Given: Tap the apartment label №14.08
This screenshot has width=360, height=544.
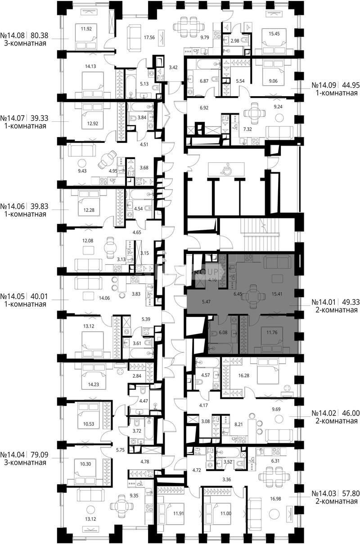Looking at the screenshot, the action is coord(13,36).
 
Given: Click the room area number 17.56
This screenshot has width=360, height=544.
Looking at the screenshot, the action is coord(149,37).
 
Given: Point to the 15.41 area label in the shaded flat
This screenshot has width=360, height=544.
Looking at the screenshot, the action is coord(277,294).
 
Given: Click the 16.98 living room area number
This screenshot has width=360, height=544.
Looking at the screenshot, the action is coord(275,492).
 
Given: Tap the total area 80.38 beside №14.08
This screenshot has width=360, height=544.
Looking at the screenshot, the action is coord(40,36).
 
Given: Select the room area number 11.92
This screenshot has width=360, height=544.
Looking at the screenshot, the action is coord(86,29).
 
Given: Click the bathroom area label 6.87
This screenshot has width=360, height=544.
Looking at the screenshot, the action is coord(204,81).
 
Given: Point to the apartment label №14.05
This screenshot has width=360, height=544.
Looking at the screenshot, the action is coord(13,296).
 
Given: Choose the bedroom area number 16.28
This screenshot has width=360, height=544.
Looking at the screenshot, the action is coord(244,375).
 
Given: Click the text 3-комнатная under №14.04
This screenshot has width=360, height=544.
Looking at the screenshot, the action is coord(25,462).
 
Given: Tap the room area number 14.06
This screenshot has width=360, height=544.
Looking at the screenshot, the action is coord(104,298).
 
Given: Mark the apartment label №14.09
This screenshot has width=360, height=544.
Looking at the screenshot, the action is coord(324,85).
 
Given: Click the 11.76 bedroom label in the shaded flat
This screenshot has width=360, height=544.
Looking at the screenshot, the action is coord(272,332).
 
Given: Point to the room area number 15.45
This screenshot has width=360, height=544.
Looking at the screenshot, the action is coord(274,34).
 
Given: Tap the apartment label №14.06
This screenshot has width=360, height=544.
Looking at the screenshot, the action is coord(13,206).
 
